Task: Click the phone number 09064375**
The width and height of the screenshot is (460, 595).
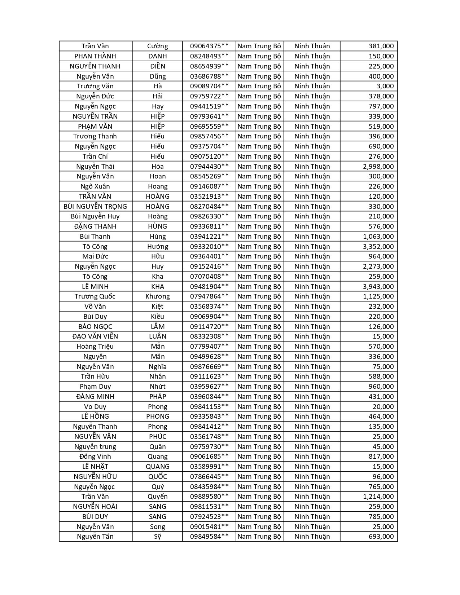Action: (209, 46)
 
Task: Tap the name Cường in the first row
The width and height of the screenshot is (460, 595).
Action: (158, 46)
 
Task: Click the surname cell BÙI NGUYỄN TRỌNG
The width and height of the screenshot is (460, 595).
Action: (95, 207)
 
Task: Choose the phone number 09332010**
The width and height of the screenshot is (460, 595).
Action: (209, 247)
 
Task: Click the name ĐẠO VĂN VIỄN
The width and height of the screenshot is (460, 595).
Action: (95, 336)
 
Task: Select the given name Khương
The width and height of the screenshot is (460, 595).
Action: (158, 296)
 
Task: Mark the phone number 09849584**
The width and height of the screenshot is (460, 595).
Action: (209, 537)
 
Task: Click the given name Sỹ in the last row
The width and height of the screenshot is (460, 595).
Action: (158, 537)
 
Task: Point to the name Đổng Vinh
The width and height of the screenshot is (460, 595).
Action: (95, 457)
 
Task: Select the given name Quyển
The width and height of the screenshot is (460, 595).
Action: (158, 497)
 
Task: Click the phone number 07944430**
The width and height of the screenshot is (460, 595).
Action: (209, 166)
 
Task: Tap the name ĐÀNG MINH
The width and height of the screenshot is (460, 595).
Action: (95, 397)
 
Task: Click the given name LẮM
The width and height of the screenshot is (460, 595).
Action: (158, 327)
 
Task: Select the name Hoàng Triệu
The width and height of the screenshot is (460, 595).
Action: (95, 347)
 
